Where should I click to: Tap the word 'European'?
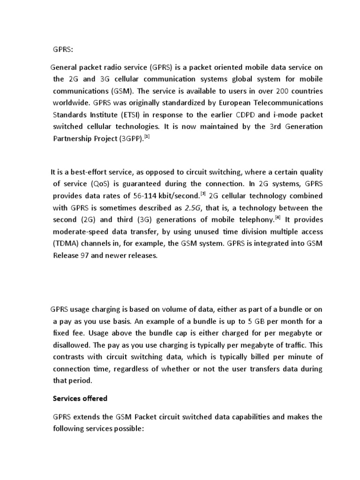tap(222, 103)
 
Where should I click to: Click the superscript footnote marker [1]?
tap(147, 137)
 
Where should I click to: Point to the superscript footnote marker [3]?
tap(203, 194)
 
